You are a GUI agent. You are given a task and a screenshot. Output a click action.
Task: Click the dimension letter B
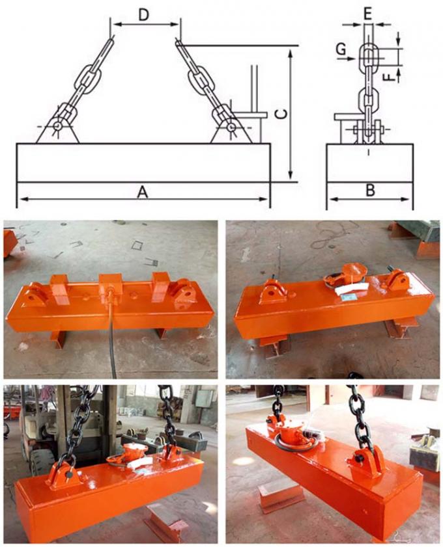click(x=369, y=191)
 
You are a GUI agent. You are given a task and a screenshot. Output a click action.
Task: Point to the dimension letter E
click(x=368, y=13)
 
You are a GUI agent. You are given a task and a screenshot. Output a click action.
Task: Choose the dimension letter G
click(x=340, y=49)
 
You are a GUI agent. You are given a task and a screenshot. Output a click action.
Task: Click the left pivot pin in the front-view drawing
click(x=59, y=126)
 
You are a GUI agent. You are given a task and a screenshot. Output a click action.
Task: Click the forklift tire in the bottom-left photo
click(x=42, y=462)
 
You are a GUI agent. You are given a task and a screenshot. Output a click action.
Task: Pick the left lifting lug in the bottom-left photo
click(x=63, y=476)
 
